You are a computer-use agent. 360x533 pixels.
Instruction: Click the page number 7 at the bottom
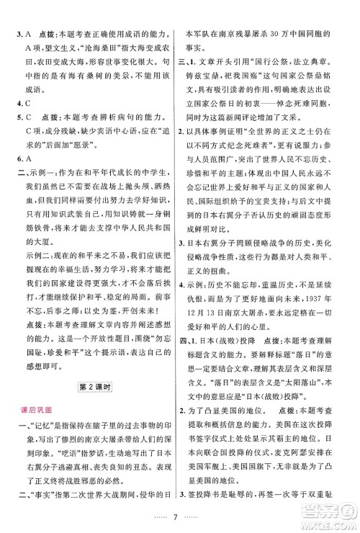179,517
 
